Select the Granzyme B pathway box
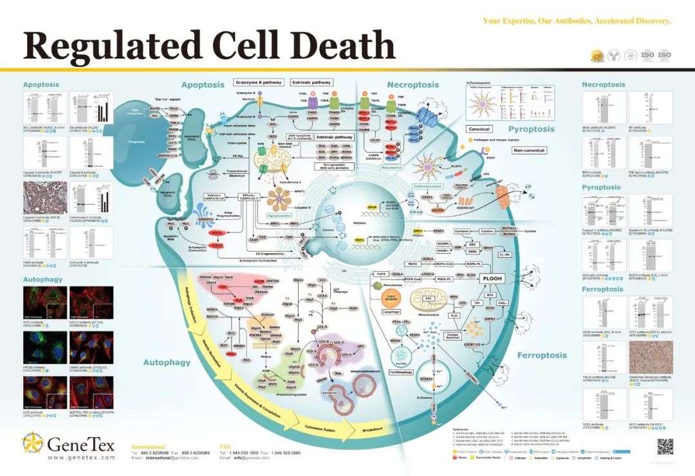pos(259,82)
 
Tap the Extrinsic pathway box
pos(311,82)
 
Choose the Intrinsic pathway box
pos(335,137)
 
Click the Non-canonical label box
pos(528,150)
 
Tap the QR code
pos(664,446)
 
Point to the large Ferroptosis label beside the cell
pos(542,355)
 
